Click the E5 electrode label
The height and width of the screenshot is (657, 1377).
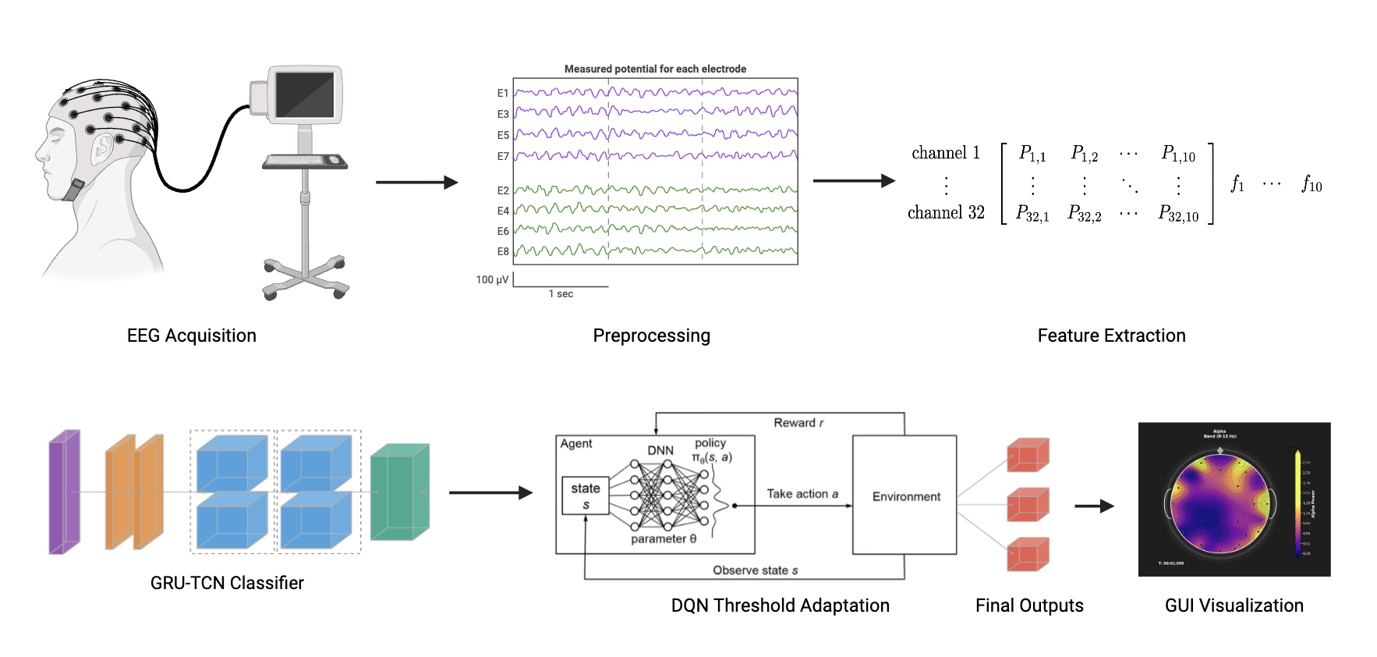point(503,135)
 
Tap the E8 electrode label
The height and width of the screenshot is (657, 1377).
point(503,251)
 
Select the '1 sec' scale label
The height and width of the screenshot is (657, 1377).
point(561,294)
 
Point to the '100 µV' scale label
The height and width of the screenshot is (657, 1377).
point(492,279)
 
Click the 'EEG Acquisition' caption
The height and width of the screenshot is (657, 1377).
point(192,336)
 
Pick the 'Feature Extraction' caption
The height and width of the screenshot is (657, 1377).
point(1111,336)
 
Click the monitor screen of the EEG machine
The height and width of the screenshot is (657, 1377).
point(305,94)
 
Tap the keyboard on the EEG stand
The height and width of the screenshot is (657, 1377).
point(304,161)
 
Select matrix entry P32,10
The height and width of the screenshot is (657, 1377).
point(1177,213)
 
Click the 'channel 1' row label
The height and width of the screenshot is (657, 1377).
point(946,153)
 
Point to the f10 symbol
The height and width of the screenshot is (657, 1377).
point(1312,184)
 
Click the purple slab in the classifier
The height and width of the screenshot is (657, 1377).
point(64,492)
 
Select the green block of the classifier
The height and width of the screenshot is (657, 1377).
point(399,492)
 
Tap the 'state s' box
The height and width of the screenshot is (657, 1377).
point(586,495)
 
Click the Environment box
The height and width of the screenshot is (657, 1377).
point(904,495)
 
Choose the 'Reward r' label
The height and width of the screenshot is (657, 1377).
point(798,423)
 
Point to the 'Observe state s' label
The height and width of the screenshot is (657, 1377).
point(755,570)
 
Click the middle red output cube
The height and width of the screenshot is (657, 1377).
point(1028,504)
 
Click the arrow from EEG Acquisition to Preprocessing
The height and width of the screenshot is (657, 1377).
point(416,183)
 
